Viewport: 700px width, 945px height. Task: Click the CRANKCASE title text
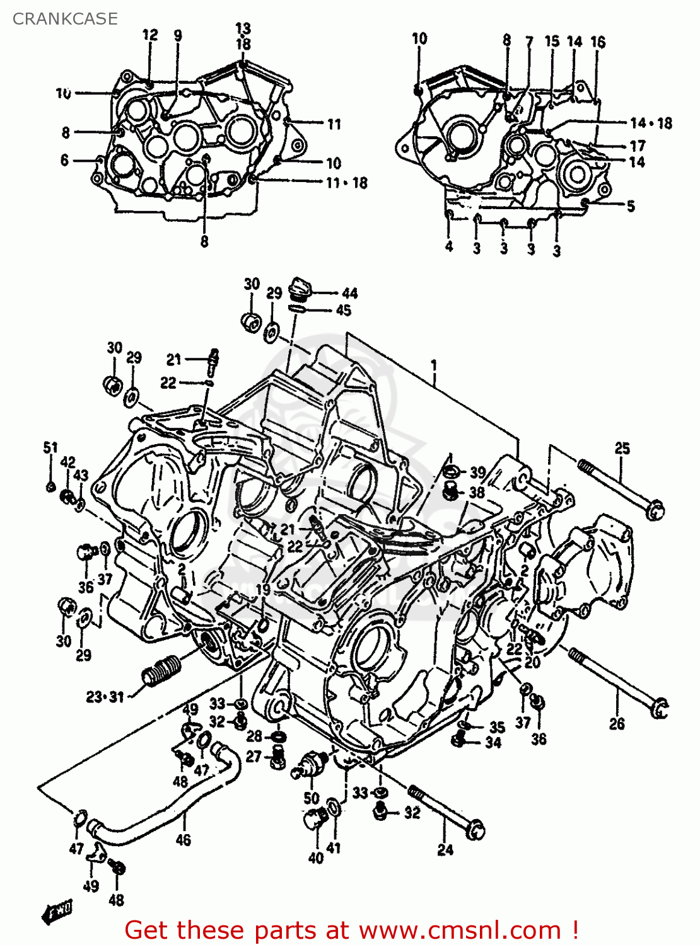click(65, 19)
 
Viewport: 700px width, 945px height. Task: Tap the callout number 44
click(350, 293)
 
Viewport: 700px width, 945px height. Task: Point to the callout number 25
click(622, 448)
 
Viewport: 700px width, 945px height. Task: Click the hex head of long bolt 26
click(658, 708)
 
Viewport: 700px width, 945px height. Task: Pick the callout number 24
click(445, 850)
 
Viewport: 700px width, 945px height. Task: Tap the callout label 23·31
click(105, 697)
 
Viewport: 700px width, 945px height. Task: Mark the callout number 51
click(50, 447)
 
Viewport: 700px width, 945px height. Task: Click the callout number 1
click(434, 365)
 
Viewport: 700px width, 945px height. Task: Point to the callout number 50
click(312, 798)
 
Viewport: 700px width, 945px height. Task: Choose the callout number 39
click(477, 472)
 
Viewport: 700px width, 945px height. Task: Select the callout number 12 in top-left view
click(150, 35)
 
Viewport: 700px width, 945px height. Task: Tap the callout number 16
click(598, 42)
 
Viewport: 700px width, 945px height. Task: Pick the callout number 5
click(631, 206)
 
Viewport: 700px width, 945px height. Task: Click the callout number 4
click(449, 246)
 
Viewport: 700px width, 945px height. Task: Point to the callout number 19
click(263, 590)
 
